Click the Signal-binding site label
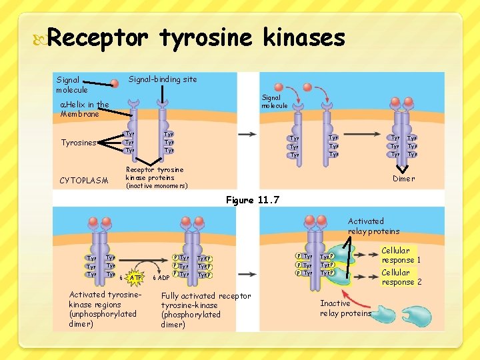click(162, 79)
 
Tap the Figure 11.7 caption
click(253, 200)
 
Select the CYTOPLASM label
click(83, 181)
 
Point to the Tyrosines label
click(79, 143)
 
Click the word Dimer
click(403, 179)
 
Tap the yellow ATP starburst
click(136, 277)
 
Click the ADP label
click(162, 278)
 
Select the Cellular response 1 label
click(401, 255)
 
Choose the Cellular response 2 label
click(401, 277)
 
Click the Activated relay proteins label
click(373, 226)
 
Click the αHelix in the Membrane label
click(84, 109)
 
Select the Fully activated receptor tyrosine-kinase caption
click(205, 310)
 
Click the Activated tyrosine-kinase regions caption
click(103, 309)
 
